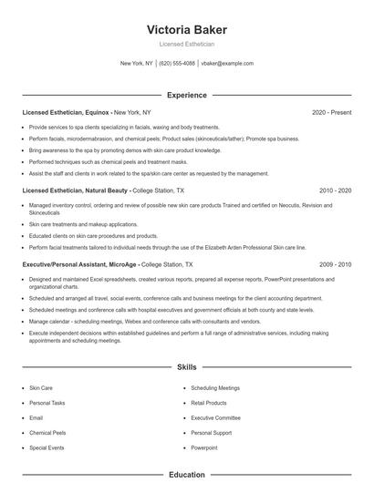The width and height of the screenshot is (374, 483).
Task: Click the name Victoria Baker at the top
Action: point(186,29)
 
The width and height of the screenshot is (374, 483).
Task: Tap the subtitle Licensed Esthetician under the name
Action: point(186,44)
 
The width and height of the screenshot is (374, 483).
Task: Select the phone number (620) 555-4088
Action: point(177,64)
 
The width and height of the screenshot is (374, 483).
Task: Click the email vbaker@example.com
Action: point(227,64)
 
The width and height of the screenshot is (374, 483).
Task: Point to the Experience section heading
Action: point(186,95)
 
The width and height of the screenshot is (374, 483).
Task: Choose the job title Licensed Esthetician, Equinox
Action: point(66,112)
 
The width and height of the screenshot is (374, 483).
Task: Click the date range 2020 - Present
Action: point(331,112)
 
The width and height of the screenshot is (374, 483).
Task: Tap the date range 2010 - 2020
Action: point(335,191)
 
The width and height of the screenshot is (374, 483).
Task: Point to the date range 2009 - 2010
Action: point(335,263)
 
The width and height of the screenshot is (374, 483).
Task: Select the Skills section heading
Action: point(186,367)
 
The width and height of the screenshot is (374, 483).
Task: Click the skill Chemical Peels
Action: point(47,433)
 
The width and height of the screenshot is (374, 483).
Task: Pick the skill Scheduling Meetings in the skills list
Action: point(215,388)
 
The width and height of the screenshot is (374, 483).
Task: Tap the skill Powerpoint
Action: point(204,448)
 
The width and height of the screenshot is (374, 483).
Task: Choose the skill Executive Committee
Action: point(215,418)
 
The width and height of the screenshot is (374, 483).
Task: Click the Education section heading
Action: point(186,475)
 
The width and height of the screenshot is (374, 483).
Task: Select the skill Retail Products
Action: point(209,403)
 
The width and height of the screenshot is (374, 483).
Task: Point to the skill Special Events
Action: point(46,448)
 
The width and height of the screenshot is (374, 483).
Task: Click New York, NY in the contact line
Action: point(137,64)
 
